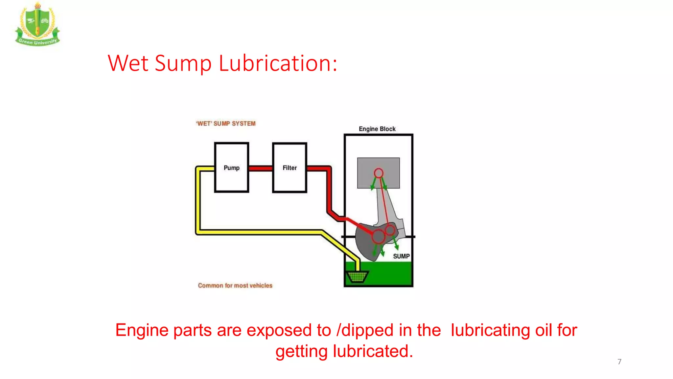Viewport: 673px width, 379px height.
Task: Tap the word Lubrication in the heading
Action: tap(278, 63)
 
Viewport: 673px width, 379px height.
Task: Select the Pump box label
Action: tap(231, 168)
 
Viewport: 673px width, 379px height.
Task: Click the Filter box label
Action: tap(290, 168)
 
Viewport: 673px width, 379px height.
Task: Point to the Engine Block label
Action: tap(377, 129)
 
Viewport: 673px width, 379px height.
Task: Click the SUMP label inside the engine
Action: tap(401, 256)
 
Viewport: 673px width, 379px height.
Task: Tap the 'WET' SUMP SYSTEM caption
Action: tap(226, 124)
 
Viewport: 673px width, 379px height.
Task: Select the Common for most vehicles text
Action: tap(235, 286)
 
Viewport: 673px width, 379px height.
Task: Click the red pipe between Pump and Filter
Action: tap(261, 168)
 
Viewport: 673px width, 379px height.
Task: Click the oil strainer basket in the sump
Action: tap(357, 277)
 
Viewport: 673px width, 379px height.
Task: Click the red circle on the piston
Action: tap(379, 173)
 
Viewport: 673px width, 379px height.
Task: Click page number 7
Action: tap(619, 362)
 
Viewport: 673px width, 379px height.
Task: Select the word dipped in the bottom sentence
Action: tap(367, 330)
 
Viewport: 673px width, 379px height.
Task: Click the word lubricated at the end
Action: tap(373, 351)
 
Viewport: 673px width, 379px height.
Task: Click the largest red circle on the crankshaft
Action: tap(379, 236)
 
